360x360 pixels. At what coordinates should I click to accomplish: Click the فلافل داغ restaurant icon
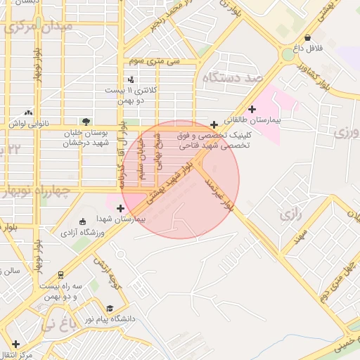[x=308, y=38]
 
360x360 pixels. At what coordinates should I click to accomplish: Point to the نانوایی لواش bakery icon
[x=29, y=112]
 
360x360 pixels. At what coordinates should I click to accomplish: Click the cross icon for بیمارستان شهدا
[x=121, y=208]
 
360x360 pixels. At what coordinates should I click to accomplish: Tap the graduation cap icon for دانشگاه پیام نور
[x=109, y=308]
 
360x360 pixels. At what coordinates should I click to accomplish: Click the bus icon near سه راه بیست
[x=61, y=275]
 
